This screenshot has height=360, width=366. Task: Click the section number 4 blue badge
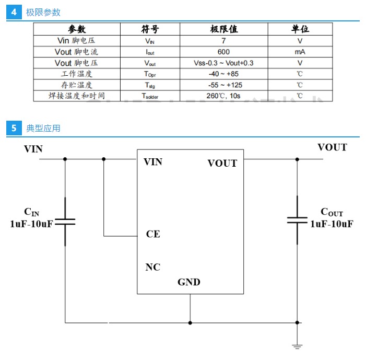pyautogui.click(x=14, y=12)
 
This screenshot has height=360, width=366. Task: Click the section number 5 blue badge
pyautogui.click(x=14, y=128)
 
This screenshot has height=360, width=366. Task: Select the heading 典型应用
pyautogui.click(x=43, y=128)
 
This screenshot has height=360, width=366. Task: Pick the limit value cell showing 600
pyautogui.click(x=223, y=52)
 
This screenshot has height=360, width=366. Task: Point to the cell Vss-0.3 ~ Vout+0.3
pyautogui.click(x=223, y=63)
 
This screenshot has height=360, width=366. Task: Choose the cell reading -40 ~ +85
pyautogui.click(x=223, y=74)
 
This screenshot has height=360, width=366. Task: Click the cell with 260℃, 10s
pyautogui.click(x=223, y=96)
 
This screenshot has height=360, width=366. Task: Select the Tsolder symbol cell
pyautogui.click(x=150, y=96)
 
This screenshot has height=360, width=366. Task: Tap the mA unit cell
pyautogui.click(x=300, y=52)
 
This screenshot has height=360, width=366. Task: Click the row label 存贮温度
pyautogui.click(x=76, y=85)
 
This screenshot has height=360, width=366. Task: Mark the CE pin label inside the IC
pyautogui.click(x=153, y=234)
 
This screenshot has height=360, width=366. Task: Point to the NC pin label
pyautogui.click(x=152, y=268)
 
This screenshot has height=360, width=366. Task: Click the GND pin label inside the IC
pyautogui.click(x=188, y=282)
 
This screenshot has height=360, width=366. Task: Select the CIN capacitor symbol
pyautogui.click(x=65, y=222)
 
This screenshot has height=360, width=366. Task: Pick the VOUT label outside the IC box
pyautogui.click(x=332, y=147)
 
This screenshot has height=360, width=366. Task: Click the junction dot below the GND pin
pyautogui.click(x=190, y=323)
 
